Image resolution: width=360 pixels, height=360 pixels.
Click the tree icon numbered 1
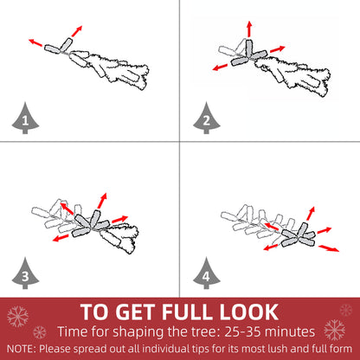(x=25, y=119)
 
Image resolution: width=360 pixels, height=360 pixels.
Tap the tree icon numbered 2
(x=207, y=119)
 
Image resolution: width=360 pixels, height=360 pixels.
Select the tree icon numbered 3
(x=25, y=273)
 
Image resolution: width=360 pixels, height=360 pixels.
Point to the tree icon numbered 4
(x=207, y=273)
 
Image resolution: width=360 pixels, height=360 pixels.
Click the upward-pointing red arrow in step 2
(x=249, y=29)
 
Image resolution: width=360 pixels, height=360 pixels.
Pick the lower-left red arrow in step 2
(x=222, y=67)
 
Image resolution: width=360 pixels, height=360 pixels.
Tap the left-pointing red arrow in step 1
(x=35, y=42)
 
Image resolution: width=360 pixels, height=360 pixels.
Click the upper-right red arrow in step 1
(x=77, y=31)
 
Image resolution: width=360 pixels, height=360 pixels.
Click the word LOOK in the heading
(x=249, y=312)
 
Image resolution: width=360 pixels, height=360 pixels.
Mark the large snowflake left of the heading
(x=17, y=317)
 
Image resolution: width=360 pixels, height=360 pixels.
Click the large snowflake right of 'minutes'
(x=335, y=330)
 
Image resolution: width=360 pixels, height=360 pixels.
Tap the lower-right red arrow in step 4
(x=329, y=248)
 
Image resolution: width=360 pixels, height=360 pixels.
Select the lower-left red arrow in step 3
(x=61, y=238)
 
